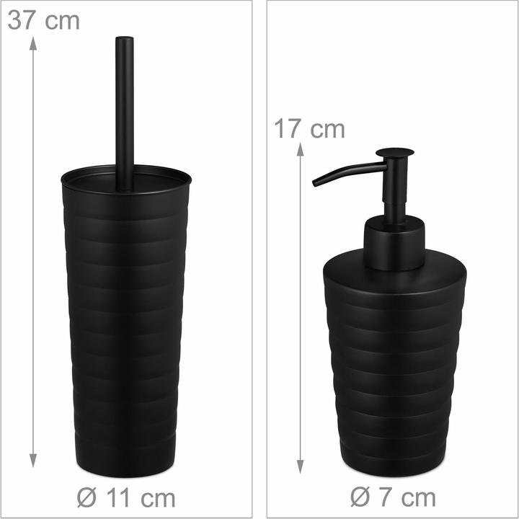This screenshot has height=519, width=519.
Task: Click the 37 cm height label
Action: tap(43, 20)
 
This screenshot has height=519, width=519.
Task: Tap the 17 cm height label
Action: tap(309, 129)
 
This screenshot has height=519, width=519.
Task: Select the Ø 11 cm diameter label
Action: tap(126, 498)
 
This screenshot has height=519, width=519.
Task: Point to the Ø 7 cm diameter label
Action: tap(393, 497)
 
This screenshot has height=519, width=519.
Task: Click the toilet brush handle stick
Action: tap(125, 113)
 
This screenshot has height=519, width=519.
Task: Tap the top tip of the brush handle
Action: tap(125, 37)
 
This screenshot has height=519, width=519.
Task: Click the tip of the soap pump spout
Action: tap(314, 183)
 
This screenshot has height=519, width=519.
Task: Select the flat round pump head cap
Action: tap(394, 152)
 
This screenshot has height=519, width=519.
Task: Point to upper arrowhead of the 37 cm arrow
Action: tap(32, 43)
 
